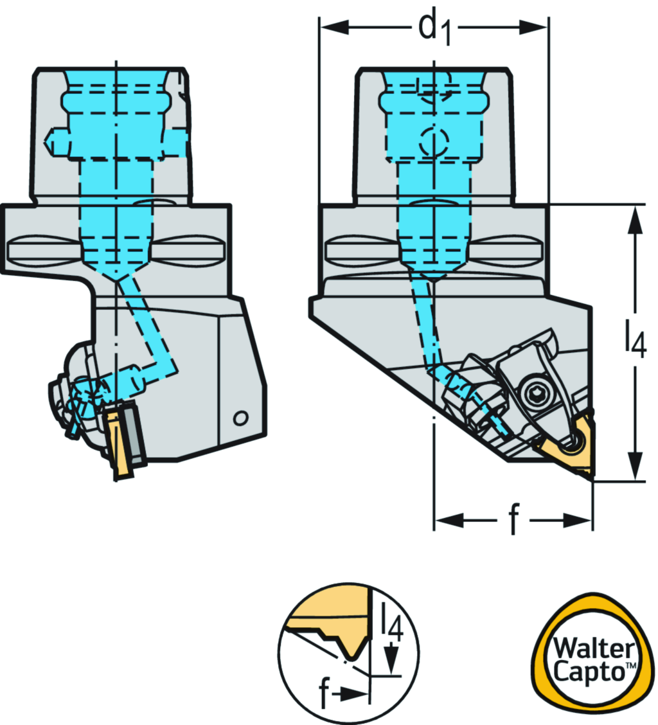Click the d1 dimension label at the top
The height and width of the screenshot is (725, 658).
pyautogui.click(x=434, y=29)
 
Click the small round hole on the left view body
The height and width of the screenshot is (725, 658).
pyautogui.click(x=240, y=418)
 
